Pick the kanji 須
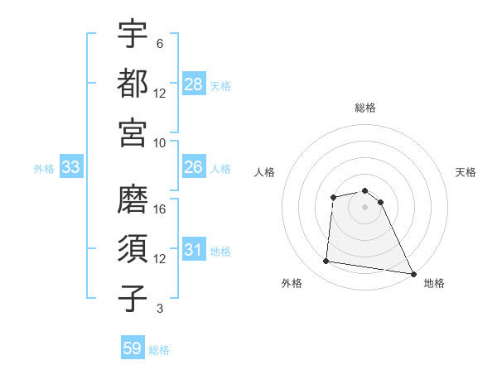point(133,248)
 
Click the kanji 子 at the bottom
point(133,298)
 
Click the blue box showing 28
point(194,84)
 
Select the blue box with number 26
point(194,167)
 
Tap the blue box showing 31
point(194,250)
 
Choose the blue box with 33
point(71,167)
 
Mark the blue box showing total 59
point(133,348)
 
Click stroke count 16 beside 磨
point(160,209)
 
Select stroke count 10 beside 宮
point(160,142)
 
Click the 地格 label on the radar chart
point(434,283)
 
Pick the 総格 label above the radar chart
point(365,108)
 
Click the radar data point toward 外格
point(326,262)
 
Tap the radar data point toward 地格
point(414,274)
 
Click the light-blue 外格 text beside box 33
point(44,168)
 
